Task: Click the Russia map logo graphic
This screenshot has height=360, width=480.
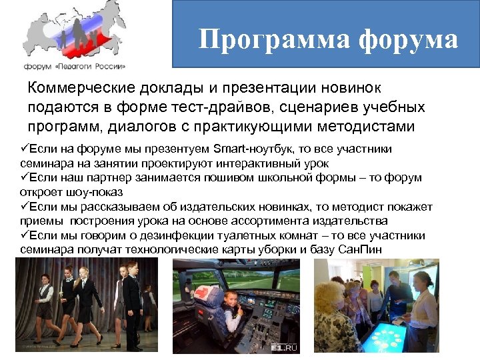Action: (73, 33)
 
